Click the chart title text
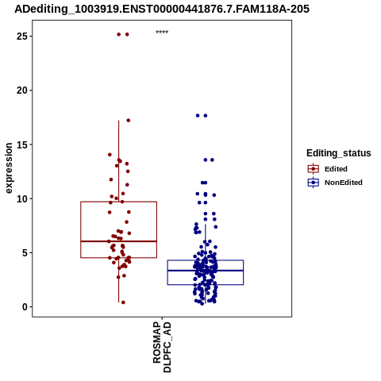tap(162, 9)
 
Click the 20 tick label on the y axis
tap(22, 90)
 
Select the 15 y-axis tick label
tap(22, 144)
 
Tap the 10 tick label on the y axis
tap(22, 198)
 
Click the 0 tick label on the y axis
tap(25, 307)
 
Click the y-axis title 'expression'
tap(9, 168)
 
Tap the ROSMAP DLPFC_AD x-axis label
tap(162, 347)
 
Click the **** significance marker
tap(162, 33)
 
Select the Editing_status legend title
tap(339, 153)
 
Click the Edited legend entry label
tap(336, 169)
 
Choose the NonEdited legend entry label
tap(344, 183)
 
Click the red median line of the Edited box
tap(118, 241)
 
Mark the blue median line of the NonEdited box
tap(206, 271)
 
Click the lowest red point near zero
tap(123, 302)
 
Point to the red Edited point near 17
tap(129, 121)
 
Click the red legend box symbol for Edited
tap(314, 169)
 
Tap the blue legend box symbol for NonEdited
tap(314, 183)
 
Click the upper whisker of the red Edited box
tap(118, 161)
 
